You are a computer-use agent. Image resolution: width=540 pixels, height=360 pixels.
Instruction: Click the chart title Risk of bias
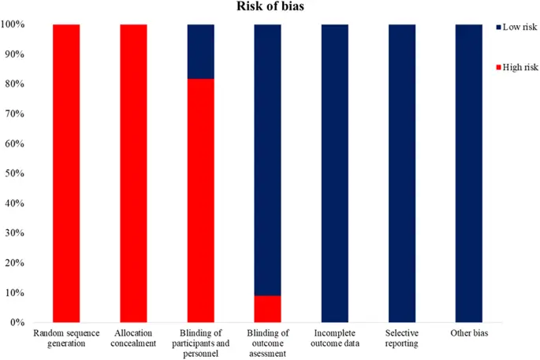(x=269, y=7)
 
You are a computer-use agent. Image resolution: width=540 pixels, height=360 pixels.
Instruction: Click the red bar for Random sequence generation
(x=66, y=173)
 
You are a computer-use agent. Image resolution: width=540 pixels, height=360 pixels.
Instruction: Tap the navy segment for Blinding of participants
(x=200, y=51)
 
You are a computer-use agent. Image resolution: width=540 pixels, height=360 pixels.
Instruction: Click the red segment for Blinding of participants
(x=200, y=201)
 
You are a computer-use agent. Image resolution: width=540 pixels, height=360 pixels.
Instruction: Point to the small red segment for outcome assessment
(x=268, y=309)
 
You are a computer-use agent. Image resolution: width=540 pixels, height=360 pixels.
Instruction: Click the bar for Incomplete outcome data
(x=335, y=173)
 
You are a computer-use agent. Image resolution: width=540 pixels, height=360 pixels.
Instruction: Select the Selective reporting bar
(x=402, y=173)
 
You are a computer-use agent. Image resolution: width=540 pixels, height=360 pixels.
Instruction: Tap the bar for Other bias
(x=470, y=173)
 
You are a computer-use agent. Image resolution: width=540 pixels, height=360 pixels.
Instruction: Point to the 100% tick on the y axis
(x=16, y=24)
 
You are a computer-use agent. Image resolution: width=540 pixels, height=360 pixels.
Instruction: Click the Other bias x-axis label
(x=470, y=333)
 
